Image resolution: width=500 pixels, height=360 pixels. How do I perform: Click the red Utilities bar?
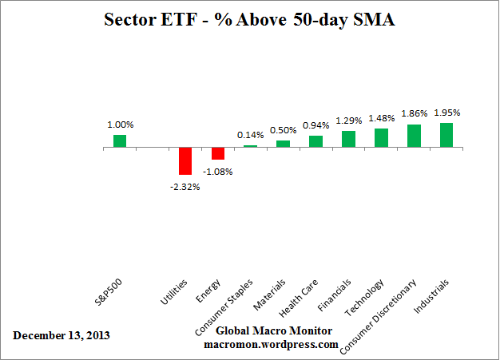click(x=185, y=161)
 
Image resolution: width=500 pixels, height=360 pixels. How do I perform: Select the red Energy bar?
click(x=217, y=154)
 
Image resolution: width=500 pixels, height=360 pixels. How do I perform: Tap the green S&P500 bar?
click(x=119, y=141)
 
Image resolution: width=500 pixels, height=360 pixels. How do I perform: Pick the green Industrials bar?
click(x=446, y=136)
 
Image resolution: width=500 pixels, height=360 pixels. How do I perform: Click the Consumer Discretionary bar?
click(x=414, y=136)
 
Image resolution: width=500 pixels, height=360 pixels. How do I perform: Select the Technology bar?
click(x=381, y=139)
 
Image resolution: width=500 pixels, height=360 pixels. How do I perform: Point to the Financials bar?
click(x=348, y=140)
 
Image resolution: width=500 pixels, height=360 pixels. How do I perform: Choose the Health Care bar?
click(x=315, y=142)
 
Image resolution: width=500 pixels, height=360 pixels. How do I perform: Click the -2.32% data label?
click(x=185, y=187)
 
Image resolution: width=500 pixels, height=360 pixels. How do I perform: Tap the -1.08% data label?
click(x=217, y=171)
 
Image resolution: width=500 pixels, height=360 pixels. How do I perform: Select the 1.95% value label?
click(x=446, y=113)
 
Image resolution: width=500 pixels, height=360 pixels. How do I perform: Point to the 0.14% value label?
click(x=250, y=135)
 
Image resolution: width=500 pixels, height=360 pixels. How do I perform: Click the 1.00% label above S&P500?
click(x=120, y=125)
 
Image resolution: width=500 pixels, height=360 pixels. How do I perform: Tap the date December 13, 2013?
click(x=62, y=334)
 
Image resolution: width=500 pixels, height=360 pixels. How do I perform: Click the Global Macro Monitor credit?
click(x=262, y=330)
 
